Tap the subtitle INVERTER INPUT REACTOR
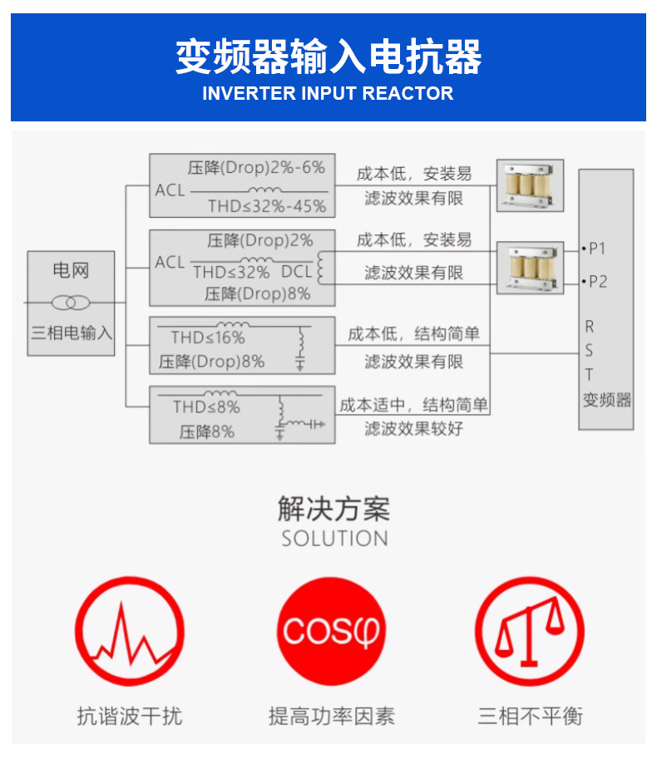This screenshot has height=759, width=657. (328, 93)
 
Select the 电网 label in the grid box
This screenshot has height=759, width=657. (71, 270)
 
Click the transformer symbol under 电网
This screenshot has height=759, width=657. (70, 303)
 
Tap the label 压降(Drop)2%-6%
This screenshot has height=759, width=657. (256, 168)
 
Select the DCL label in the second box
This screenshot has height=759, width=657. (296, 271)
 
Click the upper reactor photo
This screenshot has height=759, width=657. (530, 185)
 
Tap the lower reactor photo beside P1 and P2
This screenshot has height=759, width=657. (530, 267)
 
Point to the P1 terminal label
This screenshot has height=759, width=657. (596, 249)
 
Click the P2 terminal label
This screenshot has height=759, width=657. (596, 282)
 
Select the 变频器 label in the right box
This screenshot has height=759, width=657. (607, 400)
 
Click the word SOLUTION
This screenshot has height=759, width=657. (334, 539)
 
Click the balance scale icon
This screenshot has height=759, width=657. (529, 632)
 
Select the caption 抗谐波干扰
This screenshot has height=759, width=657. (129, 716)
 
